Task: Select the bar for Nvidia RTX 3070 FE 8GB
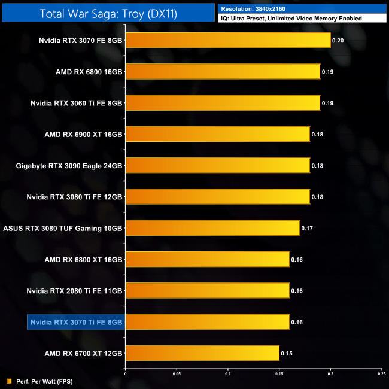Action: (228, 41)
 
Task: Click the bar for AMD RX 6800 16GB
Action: (223, 72)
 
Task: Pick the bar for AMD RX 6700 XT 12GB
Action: (202, 353)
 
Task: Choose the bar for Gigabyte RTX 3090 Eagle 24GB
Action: (218, 165)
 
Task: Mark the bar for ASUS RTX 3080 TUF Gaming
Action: (212, 228)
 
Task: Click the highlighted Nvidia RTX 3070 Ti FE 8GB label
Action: (75, 322)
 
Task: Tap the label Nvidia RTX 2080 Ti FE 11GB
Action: (75, 291)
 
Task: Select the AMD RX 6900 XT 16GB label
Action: (84, 134)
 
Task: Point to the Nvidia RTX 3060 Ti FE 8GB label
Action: (77, 103)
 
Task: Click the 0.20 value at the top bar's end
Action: (337, 41)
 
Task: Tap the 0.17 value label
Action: (306, 228)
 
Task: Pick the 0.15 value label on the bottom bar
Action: (285, 353)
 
